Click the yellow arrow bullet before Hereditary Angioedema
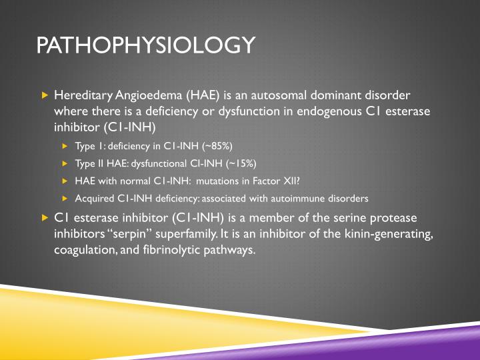tap(45, 94)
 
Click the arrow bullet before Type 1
tap(65, 147)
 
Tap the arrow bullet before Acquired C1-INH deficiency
tap(65, 198)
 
